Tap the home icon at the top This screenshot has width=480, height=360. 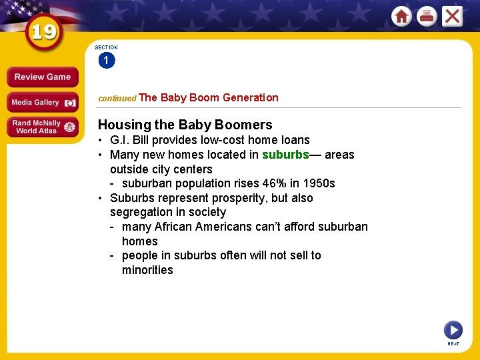click(401, 16)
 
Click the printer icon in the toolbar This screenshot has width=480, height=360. click(427, 16)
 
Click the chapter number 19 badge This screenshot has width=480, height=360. click(45, 33)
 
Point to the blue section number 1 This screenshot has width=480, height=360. click(106, 61)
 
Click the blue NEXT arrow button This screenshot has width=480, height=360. click(453, 329)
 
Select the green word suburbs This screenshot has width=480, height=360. click(285, 155)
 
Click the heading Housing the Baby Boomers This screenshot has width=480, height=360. click(185, 125)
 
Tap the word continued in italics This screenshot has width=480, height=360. click(117, 98)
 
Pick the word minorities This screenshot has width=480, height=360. click(147, 270)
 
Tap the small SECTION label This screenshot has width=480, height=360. click(106, 47)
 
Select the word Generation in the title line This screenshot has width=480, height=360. click(250, 97)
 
